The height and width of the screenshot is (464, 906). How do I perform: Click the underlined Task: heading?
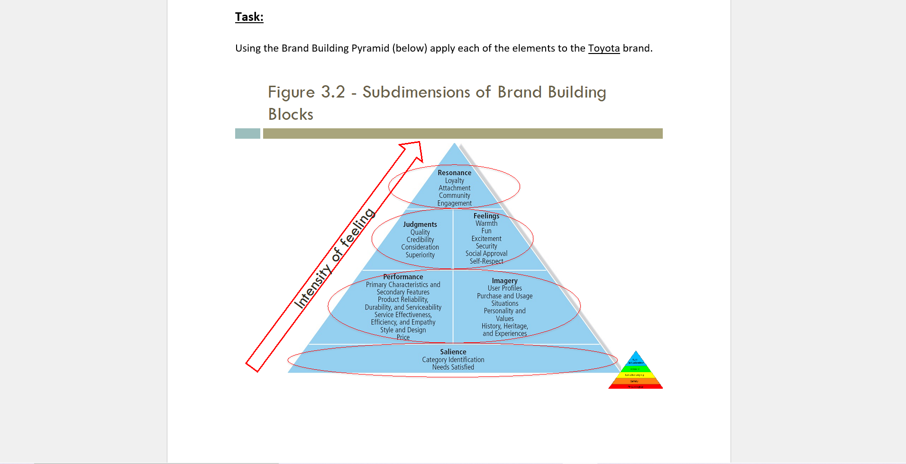pyautogui.click(x=249, y=17)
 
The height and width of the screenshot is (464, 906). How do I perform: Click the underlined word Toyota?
pyautogui.click(x=604, y=48)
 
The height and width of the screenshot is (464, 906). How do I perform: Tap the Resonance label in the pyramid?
pyautogui.click(x=454, y=173)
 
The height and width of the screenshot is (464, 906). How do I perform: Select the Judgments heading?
pyautogui.click(x=420, y=224)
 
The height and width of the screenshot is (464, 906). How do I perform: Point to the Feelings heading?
pyautogui.click(x=486, y=216)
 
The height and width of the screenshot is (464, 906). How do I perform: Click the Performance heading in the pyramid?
pyautogui.click(x=403, y=277)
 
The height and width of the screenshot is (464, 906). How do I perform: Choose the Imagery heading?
pyautogui.click(x=504, y=281)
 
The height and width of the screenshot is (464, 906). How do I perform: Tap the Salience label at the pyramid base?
pyautogui.click(x=453, y=352)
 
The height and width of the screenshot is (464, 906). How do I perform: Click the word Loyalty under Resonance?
pyautogui.click(x=454, y=180)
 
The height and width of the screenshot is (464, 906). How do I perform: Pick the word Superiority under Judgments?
pyautogui.click(x=420, y=255)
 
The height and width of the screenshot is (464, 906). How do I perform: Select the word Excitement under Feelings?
pyautogui.click(x=486, y=239)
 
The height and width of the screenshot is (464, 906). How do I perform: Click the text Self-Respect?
pyautogui.click(x=486, y=261)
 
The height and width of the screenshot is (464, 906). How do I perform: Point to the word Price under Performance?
pyautogui.click(x=403, y=337)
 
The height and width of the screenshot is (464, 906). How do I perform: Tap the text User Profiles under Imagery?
pyautogui.click(x=504, y=288)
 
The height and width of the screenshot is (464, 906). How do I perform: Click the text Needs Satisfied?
pyautogui.click(x=453, y=367)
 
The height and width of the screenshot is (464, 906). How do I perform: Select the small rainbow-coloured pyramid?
pyautogui.click(x=635, y=371)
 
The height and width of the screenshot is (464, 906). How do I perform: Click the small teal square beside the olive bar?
pyautogui.click(x=247, y=134)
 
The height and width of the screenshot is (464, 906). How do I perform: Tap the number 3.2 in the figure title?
pyautogui.click(x=333, y=92)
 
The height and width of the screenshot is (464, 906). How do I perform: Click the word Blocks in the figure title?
pyautogui.click(x=291, y=114)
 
